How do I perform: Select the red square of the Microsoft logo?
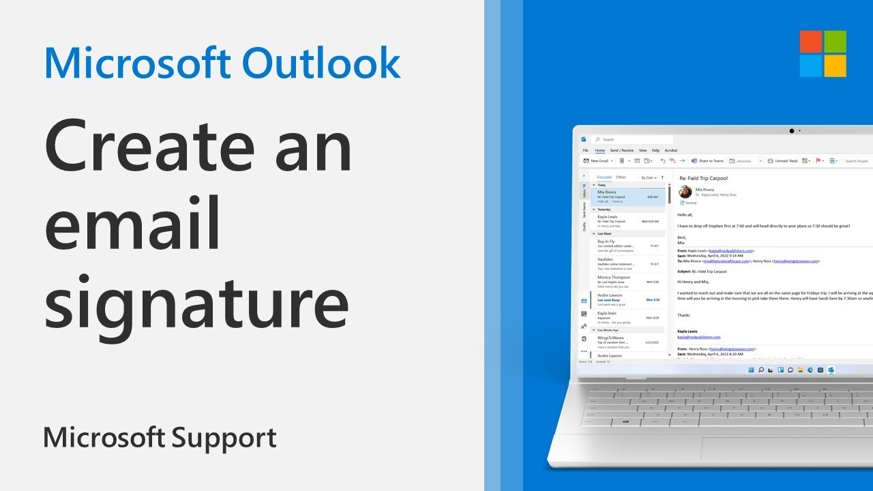(x=811, y=42)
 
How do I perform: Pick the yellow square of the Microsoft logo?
(x=835, y=66)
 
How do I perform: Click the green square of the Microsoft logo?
(x=835, y=42)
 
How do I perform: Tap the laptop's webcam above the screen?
(x=792, y=130)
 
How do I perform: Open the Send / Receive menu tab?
(x=621, y=150)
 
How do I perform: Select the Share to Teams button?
(x=707, y=161)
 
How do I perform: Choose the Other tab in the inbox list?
(x=621, y=177)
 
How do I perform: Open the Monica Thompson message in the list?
(x=614, y=278)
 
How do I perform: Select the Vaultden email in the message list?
(x=606, y=260)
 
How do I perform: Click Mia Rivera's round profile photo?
(x=685, y=192)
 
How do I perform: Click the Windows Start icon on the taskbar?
(x=751, y=370)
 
